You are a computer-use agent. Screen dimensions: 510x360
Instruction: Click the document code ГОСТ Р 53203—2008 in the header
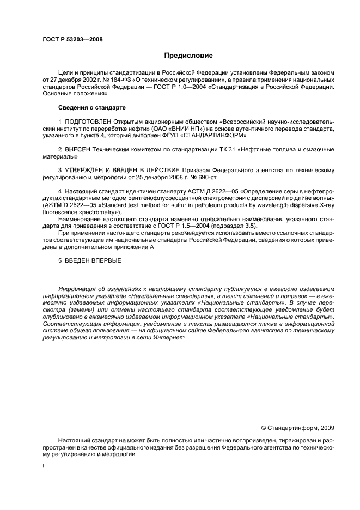[72, 39]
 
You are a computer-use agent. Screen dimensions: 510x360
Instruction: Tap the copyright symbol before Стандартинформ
[264, 427]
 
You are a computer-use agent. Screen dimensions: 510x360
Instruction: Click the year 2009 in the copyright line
[325, 427]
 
